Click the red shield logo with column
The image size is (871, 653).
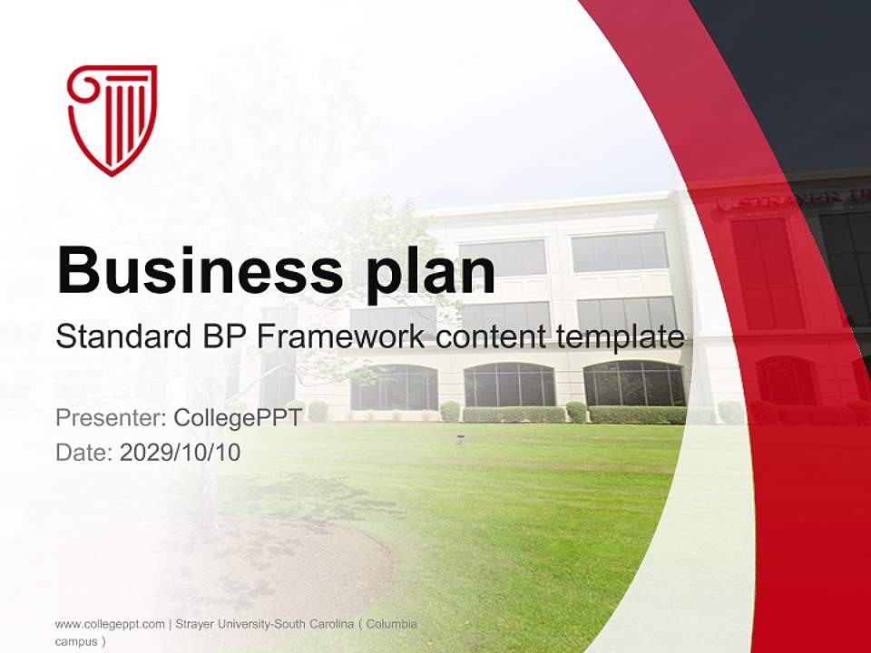(x=112, y=119)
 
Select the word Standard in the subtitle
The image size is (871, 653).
(x=122, y=337)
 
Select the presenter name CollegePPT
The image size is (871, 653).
(x=238, y=418)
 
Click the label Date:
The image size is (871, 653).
(x=84, y=452)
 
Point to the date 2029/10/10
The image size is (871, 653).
(x=181, y=452)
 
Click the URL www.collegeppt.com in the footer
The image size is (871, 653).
(x=110, y=624)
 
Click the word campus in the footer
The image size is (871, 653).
(x=76, y=641)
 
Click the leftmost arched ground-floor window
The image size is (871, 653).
(x=394, y=387)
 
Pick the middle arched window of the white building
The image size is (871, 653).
(x=509, y=385)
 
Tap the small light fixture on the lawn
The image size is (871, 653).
(x=461, y=440)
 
